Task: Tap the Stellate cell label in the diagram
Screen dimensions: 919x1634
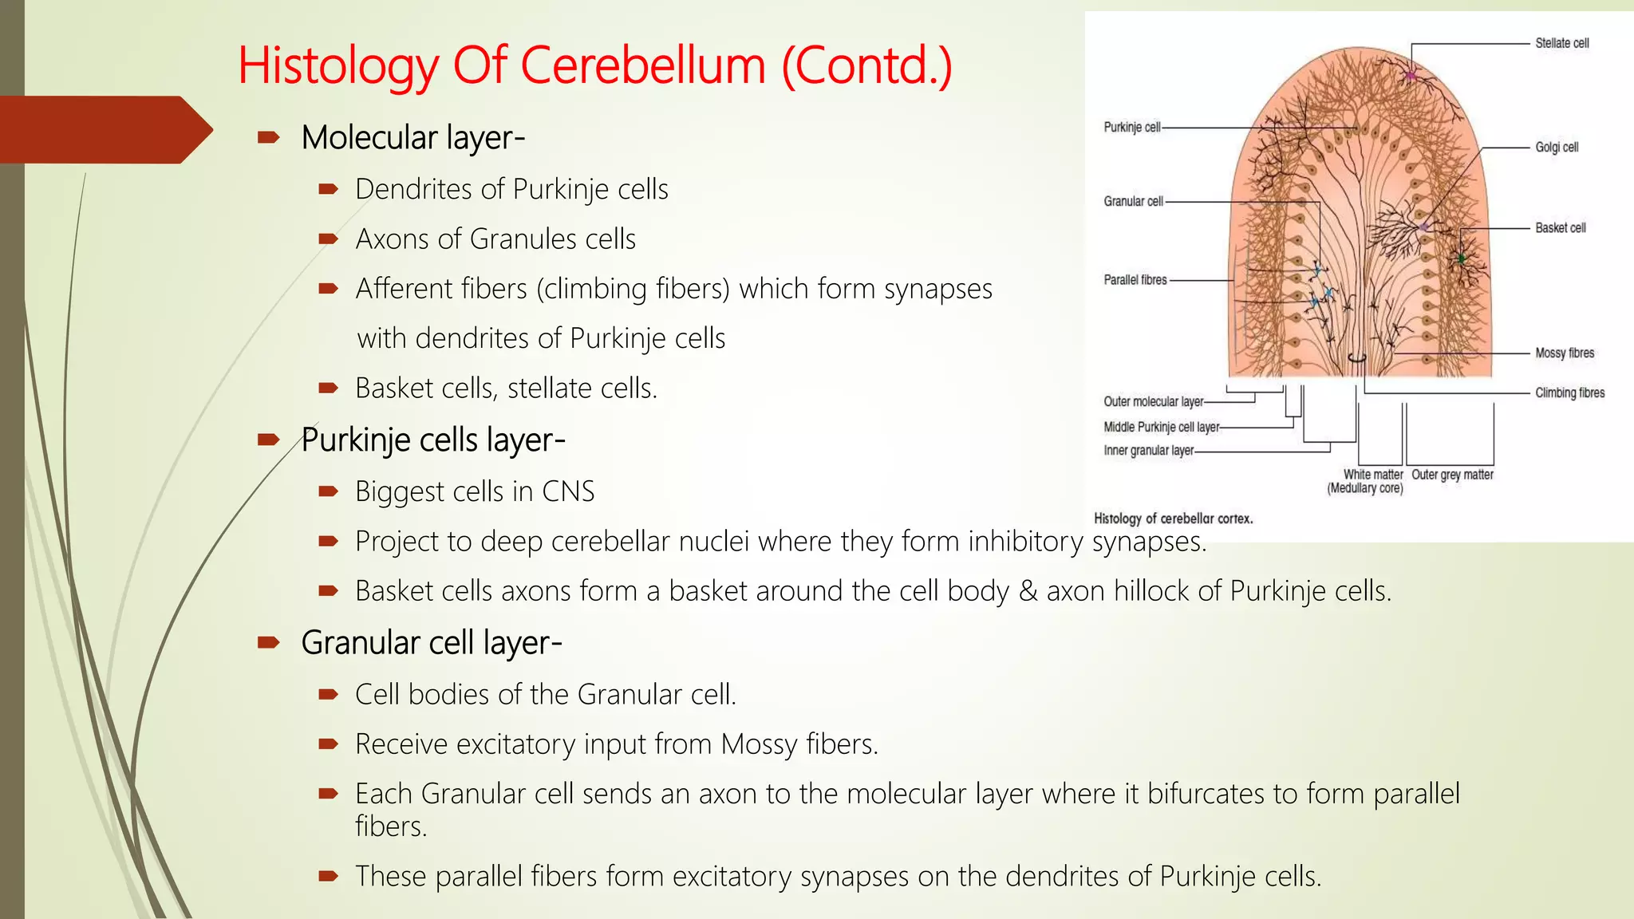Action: [x=1561, y=43]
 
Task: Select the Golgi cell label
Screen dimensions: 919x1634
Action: [x=1557, y=148]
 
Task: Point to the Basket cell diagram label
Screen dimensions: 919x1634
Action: [x=1560, y=228]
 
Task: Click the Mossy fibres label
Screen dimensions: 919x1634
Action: [x=1565, y=353]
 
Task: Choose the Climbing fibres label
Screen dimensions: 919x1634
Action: [x=1569, y=393]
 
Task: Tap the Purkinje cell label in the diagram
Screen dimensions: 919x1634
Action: [x=1131, y=128]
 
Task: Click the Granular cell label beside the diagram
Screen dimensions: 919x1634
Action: [x=1133, y=202]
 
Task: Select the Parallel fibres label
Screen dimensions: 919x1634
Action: [x=1135, y=280]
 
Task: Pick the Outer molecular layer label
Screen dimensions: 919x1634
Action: [x=1153, y=402]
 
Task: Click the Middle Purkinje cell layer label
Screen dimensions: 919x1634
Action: [x=1161, y=428]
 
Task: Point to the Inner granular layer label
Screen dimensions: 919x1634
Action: [x=1148, y=451]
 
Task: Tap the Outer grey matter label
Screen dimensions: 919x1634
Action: [x=1452, y=475]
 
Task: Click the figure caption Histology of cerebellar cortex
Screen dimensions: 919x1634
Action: [x=1173, y=519]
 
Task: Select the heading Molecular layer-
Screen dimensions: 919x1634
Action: [x=412, y=138]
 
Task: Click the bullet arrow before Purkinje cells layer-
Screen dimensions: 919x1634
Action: [x=268, y=440]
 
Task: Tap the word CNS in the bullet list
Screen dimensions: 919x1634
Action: [x=568, y=491]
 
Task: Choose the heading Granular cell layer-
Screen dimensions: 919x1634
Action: [x=431, y=643]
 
